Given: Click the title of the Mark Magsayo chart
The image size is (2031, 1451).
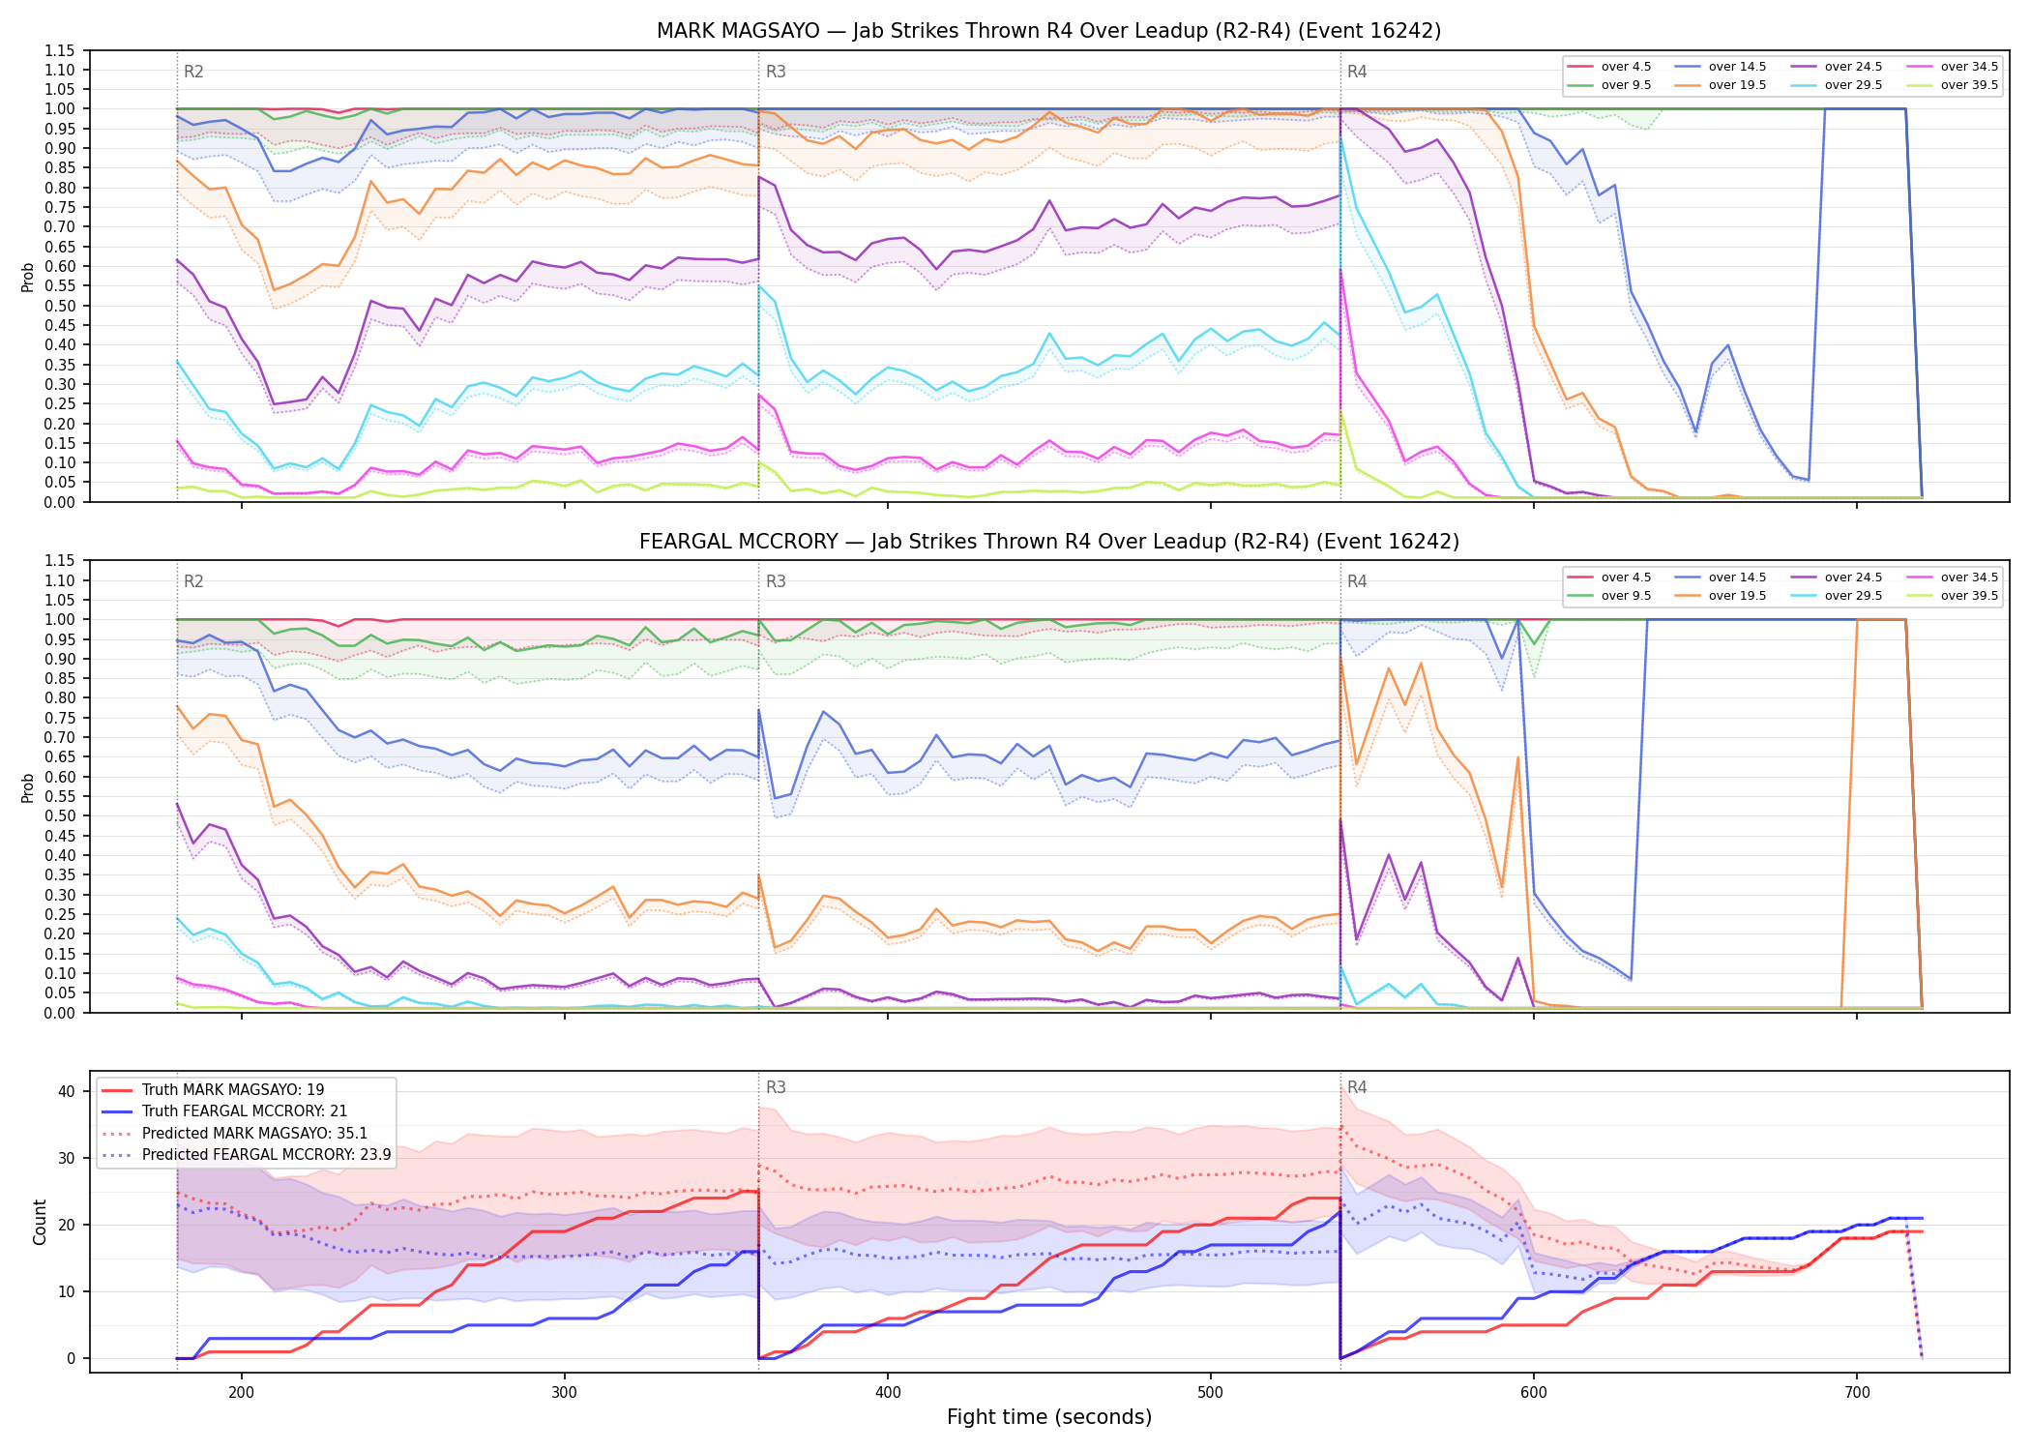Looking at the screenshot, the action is click(x=1048, y=31).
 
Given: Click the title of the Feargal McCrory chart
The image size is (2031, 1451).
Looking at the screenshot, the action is click(x=1048, y=542).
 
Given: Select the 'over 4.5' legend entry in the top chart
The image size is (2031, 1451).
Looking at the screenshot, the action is click(x=1609, y=67).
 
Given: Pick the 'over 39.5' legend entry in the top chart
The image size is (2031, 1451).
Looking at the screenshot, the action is click(x=1952, y=85).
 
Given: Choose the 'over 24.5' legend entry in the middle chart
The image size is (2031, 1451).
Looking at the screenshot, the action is click(x=1836, y=577).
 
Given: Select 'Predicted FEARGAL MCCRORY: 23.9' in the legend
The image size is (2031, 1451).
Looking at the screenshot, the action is click(x=247, y=1154).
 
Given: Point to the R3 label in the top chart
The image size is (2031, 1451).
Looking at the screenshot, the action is click(x=776, y=72).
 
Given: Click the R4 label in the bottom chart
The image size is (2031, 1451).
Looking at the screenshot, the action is click(x=1357, y=1087).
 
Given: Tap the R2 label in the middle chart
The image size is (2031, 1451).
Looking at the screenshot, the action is click(x=193, y=581).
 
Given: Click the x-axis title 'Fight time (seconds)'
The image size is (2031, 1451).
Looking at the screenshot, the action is click(x=1049, y=1417).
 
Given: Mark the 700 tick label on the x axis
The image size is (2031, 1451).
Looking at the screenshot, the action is click(x=1857, y=1392).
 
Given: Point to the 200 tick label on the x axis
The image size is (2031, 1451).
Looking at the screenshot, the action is click(x=242, y=1392).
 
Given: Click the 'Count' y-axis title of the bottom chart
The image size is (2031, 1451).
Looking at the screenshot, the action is click(x=40, y=1222).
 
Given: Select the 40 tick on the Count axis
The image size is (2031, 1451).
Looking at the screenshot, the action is click(x=67, y=1091).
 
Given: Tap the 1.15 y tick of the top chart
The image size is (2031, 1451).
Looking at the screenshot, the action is click(x=59, y=50).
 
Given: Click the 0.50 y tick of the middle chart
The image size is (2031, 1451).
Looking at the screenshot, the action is click(x=59, y=815).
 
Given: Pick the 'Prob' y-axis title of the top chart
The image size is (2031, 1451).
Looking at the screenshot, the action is click(x=28, y=277).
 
